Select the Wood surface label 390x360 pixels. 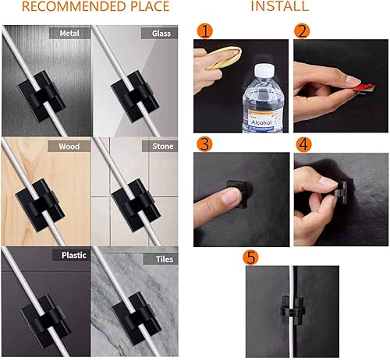tap(70, 146)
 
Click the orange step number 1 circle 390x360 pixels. tap(204, 32)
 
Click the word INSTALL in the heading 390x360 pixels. tap(278, 7)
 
